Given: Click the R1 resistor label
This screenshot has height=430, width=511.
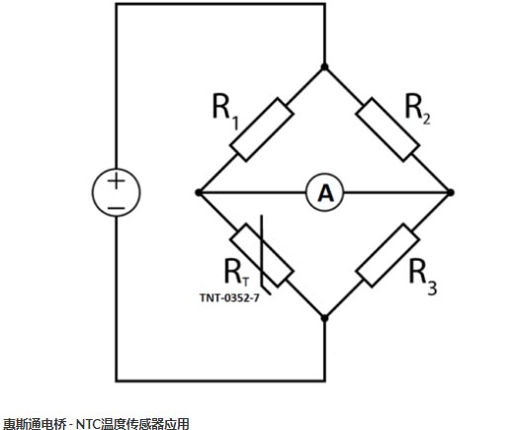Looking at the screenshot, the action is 225,112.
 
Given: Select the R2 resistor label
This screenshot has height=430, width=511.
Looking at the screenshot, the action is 417,109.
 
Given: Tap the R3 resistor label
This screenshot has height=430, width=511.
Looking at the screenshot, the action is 423,277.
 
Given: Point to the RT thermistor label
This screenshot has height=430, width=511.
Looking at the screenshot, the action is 236,273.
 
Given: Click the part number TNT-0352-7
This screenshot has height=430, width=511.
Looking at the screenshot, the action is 229,298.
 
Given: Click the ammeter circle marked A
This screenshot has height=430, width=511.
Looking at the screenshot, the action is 325,193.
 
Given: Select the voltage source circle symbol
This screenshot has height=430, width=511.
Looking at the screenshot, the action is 116,193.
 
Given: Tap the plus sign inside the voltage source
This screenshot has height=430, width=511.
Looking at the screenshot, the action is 116,181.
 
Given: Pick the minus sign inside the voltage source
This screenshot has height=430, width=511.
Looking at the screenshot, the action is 117,209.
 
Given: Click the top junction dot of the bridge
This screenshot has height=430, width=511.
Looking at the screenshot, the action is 324,67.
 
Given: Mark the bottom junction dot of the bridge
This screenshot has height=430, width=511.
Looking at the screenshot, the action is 324,318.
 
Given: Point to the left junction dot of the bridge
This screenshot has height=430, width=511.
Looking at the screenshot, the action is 199,193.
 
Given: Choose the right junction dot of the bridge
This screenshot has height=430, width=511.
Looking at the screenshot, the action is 451,193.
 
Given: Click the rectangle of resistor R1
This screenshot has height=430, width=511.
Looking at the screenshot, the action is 262,129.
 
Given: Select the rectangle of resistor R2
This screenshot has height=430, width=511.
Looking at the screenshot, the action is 387,129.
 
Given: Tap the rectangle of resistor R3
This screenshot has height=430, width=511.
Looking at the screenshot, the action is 387,255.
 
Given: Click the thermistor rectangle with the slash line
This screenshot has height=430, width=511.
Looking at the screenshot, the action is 262,255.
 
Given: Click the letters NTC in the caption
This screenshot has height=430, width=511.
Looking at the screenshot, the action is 88,424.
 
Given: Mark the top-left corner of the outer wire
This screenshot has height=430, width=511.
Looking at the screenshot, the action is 116,4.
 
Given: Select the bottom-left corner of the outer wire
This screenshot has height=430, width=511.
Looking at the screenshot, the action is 116,381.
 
